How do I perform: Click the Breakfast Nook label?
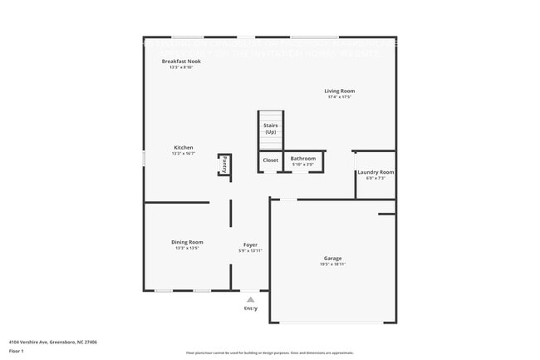click(180, 61)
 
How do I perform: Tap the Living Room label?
click(339, 91)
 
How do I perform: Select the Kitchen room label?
click(183, 147)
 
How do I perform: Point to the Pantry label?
click(224, 164)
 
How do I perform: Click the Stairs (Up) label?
click(271, 129)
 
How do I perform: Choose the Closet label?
click(271, 160)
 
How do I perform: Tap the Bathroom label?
click(302, 158)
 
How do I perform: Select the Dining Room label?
click(187, 242)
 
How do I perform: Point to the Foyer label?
click(250, 244)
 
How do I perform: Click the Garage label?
click(332, 258)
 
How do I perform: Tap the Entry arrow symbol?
click(250, 299)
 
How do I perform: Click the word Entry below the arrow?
click(250, 308)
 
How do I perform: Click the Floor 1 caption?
click(17, 351)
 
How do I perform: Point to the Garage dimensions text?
click(332, 264)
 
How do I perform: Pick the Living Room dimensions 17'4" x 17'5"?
click(339, 97)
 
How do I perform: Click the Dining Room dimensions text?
click(187, 249)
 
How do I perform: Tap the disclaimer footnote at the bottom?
click(270, 353)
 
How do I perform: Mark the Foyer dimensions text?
click(250, 251)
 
